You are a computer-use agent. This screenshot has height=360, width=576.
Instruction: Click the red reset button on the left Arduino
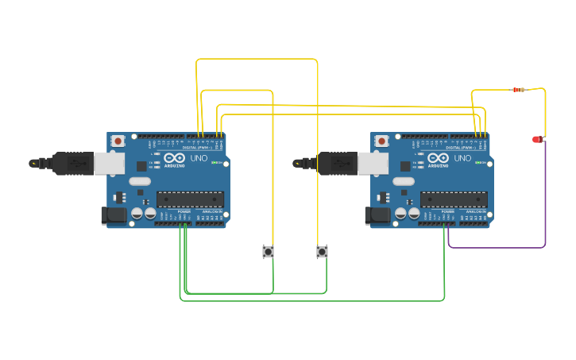click(x=118, y=141)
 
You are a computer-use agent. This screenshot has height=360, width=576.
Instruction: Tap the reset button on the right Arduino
click(x=381, y=141)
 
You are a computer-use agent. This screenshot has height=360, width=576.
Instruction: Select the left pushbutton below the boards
click(x=269, y=252)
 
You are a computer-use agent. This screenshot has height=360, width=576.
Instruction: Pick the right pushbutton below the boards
click(x=322, y=252)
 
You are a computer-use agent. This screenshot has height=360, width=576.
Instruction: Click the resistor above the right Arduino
click(x=519, y=89)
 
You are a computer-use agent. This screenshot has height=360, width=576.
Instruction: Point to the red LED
click(x=537, y=139)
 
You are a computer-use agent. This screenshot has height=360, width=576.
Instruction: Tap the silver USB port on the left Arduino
click(x=109, y=163)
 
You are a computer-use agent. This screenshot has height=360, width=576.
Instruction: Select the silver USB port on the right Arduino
click(x=373, y=163)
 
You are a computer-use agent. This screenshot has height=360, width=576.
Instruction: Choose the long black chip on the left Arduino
click(x=190, y=199)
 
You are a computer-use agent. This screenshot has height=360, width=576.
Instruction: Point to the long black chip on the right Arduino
click(x=454, y=199)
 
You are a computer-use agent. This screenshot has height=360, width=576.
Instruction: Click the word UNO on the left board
click(x=199, y=158)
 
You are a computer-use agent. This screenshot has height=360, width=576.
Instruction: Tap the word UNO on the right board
click(x=462, y=158)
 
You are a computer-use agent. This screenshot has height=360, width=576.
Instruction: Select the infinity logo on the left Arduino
click(x=174, y=158)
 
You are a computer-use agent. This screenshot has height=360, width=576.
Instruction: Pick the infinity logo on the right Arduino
click(x=438, y=158)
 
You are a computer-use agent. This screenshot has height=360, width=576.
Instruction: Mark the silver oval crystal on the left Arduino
click(x=140, y=181)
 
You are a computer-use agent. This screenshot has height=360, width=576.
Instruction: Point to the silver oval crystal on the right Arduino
click(x=404, y=181)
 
